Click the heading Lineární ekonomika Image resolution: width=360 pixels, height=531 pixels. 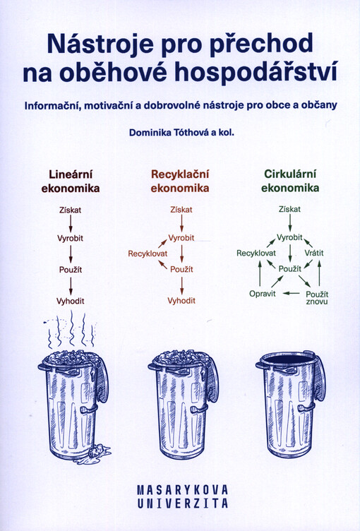[71, 181]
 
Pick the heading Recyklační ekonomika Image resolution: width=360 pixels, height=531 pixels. [180, 181]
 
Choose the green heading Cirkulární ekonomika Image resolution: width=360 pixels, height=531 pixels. [290, 181]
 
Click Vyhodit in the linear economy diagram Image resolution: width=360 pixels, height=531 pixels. [71, 301]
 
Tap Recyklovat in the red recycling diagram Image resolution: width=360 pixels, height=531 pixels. [148, 253]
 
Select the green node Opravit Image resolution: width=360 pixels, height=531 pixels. [263, 294]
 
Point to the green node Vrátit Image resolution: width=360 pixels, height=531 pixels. [314, 253]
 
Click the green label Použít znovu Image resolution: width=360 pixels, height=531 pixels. [317, 298]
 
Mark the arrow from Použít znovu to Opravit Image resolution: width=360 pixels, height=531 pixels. [291, 293]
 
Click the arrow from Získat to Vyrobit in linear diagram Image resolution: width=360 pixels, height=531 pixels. [71, 224]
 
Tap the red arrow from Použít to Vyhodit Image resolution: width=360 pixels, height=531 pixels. [182, 285]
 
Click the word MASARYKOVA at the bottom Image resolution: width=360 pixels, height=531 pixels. [183, 489]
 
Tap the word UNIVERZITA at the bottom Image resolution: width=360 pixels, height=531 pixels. [183, 503]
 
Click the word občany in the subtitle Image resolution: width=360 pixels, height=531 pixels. [322, 105]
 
